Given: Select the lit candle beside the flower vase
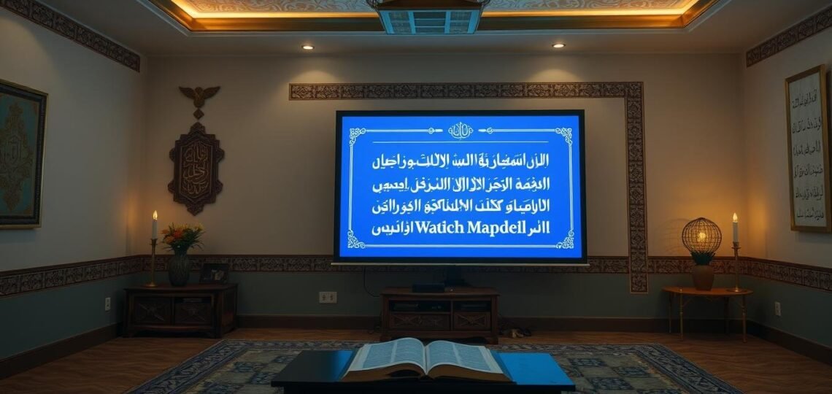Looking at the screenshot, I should pyautogui.click(x=154, y=226).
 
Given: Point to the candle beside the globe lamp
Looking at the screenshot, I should pyautogui.click(x=734, y=229).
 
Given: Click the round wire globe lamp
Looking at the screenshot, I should pyautogui.click(x=701, y=237).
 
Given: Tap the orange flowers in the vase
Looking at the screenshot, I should pyautogui.click(x=181, y=236).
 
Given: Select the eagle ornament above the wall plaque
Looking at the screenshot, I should pyautogui.click(x=199, y=96).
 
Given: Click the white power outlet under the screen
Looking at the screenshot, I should pyautogui.click(x=328, y=297).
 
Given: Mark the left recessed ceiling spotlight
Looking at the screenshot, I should pyautogui.click(x=307, y=47).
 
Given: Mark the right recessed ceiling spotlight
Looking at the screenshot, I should pyautogui.click(x=558, y=46).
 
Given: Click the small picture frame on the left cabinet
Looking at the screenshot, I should pyautogui.click(x=215, y=273).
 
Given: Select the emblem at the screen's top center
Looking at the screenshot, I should pyautogui.click(x=460, y=131).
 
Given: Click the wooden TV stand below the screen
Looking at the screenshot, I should pyautogui.click(x=439, y=314).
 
